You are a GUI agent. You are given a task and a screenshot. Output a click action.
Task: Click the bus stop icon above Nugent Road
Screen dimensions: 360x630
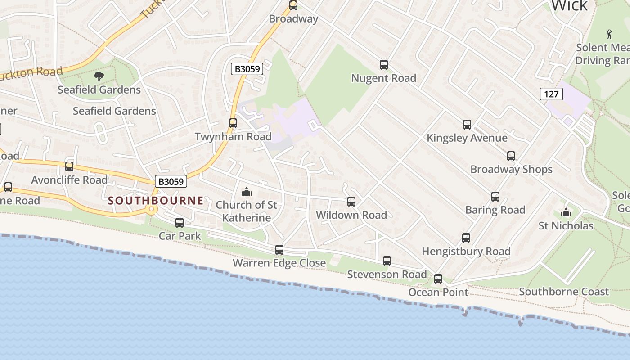pos(384,65)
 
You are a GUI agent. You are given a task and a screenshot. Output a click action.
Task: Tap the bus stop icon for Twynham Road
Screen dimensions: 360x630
pos(233,123)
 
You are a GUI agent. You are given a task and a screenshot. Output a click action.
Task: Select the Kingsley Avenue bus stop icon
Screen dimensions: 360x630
pos(467,125)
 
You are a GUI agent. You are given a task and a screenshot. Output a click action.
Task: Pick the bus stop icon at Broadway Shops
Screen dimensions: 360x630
pos(511,156)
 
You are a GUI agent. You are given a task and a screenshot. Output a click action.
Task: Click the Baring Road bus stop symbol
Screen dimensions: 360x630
pos(495,197)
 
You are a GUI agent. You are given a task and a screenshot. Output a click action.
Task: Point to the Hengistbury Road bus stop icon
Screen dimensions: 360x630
pos(466,238)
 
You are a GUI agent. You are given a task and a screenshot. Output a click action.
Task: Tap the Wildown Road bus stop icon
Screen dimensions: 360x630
pos(351,202)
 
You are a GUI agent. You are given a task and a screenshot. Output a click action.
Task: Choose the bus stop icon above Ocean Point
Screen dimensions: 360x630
pos(438,279)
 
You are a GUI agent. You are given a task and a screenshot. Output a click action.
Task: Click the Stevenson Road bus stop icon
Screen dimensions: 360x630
pos(387,261)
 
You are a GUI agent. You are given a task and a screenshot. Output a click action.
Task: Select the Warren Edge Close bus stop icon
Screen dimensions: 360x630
pos(279,250)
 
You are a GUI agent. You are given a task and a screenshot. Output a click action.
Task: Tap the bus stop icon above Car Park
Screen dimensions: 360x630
pos(180,222)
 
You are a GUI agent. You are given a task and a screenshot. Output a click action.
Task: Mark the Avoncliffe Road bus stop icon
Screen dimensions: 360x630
pos(69,166)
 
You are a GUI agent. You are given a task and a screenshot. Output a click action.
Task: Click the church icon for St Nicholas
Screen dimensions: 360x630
pos(566,212)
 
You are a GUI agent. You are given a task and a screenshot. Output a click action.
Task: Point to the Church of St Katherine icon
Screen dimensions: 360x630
pos(246,192)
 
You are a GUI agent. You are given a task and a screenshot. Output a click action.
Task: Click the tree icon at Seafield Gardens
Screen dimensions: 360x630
pos(99,76)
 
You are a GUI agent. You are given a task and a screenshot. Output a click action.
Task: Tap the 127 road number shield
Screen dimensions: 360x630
pos(551,94)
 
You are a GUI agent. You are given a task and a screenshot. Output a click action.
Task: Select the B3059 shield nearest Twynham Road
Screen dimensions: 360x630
pos(247,69)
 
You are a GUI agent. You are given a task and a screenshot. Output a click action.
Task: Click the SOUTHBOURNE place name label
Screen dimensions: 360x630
pos(156,201)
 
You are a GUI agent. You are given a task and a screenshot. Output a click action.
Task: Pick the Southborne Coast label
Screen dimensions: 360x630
pos(564,292)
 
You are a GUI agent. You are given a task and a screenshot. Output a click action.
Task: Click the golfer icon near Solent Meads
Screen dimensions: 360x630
pos(610,34)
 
